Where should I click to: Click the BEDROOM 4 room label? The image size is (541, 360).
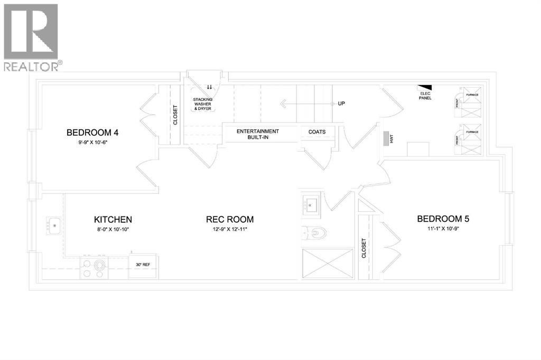[96, 132]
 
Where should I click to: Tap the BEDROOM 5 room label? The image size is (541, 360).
[443, 219]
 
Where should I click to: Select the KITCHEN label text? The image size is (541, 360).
[113, 219]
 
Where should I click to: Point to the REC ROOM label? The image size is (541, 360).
[230, 219]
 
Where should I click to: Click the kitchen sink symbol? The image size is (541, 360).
[53, 225]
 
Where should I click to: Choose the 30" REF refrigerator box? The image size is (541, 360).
[143, 264]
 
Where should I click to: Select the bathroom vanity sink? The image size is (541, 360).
[310, 204]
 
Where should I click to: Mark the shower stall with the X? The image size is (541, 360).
[327, 264]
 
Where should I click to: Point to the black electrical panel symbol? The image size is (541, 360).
[425, 88]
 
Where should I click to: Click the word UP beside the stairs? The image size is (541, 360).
[341, 103]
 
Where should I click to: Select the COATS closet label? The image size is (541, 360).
[317, 131]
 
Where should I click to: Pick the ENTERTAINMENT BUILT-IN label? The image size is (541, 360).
[257, 134]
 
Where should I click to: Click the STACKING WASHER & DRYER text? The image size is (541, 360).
[203, 103]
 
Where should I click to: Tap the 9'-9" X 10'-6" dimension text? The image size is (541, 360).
[96, 143]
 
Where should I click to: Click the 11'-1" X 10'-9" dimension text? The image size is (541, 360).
[443, 229]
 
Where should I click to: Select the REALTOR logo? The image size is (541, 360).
[31, 37]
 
